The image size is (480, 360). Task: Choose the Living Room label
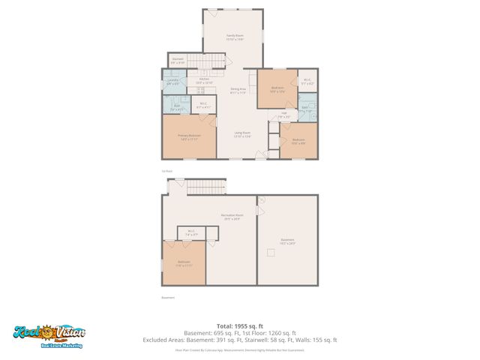pos(241,134)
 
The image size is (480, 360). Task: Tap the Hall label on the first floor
pos(283,115)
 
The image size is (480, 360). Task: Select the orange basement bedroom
pos(184,262)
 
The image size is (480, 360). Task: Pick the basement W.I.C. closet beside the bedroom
pos(190,232)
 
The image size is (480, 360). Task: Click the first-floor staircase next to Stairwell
pos(205,61)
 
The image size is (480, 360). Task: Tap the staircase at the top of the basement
pos(205,187)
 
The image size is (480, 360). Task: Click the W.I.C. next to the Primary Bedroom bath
pos(201,106)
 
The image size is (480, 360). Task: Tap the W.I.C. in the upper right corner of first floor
pos(307,82)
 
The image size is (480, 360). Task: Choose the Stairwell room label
pos(178,61)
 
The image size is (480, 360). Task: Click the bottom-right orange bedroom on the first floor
pos(298,140)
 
